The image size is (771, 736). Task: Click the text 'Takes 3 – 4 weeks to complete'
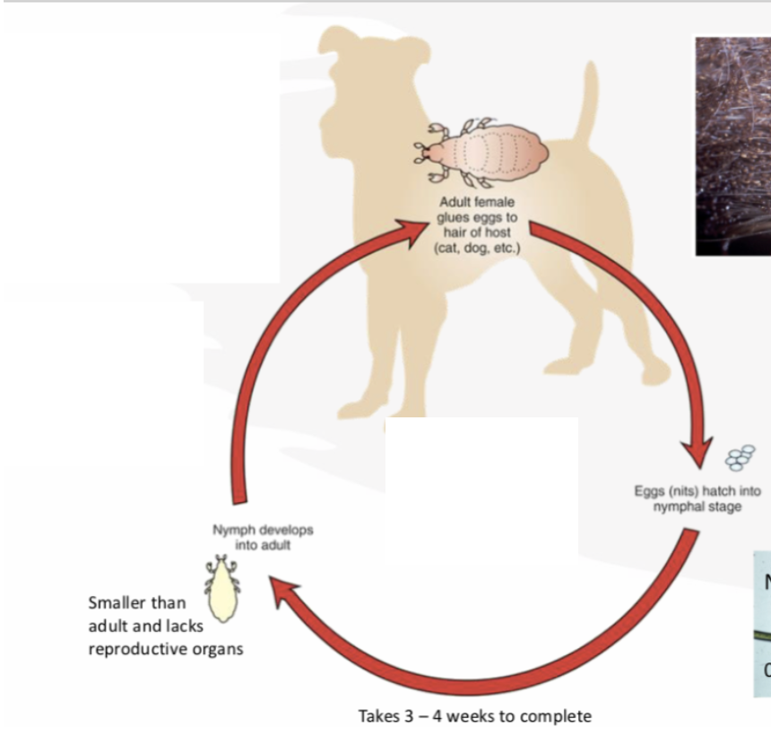475,715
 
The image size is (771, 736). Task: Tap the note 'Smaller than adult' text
137,603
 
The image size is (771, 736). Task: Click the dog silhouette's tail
586,99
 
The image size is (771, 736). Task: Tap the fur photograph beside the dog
732,144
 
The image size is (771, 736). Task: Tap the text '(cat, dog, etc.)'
476,246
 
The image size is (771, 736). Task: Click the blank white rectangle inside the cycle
481,503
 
